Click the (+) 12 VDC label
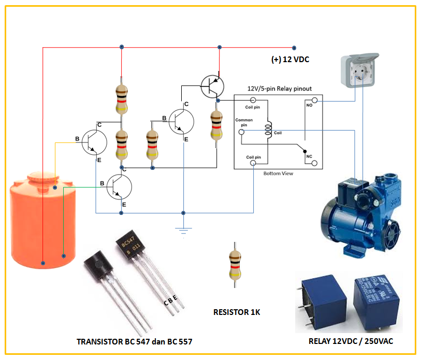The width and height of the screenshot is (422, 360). [x=290, y=60]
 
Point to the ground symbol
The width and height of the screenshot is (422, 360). [x=184, y=229]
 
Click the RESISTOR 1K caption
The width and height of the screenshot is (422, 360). [x=237, y=312]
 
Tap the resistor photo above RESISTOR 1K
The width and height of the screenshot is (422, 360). [x=235, y=264]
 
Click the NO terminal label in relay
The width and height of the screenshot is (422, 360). [x=309, y=105]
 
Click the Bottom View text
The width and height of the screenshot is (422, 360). [x=278, y=174]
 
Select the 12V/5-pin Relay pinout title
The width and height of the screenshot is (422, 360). [x=279, y=89]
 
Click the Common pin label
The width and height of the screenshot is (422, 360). [x=244, y=122]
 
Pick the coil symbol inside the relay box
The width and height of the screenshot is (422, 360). [x=268, y=131]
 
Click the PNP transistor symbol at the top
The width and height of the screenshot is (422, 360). [x=212, y=85]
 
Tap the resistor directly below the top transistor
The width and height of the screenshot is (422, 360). [x=216, y=125]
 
